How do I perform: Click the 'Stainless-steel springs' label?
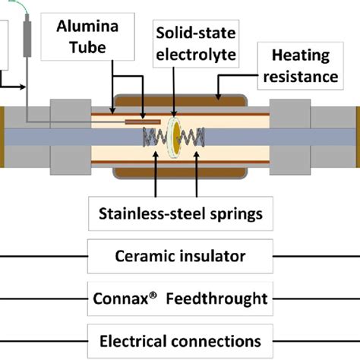(180, 215)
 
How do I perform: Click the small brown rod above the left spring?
(142, 121)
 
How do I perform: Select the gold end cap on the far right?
(357, 137)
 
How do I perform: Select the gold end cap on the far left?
(2, 137)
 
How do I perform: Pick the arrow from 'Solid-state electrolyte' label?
(174, 91)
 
